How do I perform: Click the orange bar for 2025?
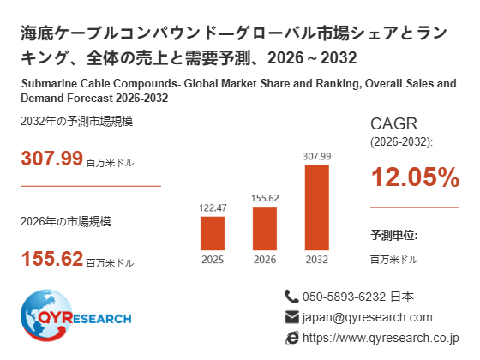[213, 233]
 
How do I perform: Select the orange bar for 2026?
[265, 229]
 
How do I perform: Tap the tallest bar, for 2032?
[317, 207]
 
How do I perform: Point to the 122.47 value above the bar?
[213, 208]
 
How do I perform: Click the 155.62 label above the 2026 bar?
[265, 198]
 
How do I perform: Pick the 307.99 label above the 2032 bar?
[317, 156]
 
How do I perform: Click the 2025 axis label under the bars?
[213, 260]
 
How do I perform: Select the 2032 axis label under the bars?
[317, 260]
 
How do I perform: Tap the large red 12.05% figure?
[416, 177]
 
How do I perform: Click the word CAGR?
[393, 124]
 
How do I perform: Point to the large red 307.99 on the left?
[52, 159]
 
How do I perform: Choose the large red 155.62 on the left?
[52, 259]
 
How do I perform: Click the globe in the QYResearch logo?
[46, 315]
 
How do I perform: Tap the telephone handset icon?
[291, 297]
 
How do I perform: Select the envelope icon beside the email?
[291, 317]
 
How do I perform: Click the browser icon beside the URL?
[291, 338]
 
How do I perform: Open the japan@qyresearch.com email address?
[368, 318]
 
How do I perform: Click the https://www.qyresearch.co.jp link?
[381, 339]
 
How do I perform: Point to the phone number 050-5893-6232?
[344, 297]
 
